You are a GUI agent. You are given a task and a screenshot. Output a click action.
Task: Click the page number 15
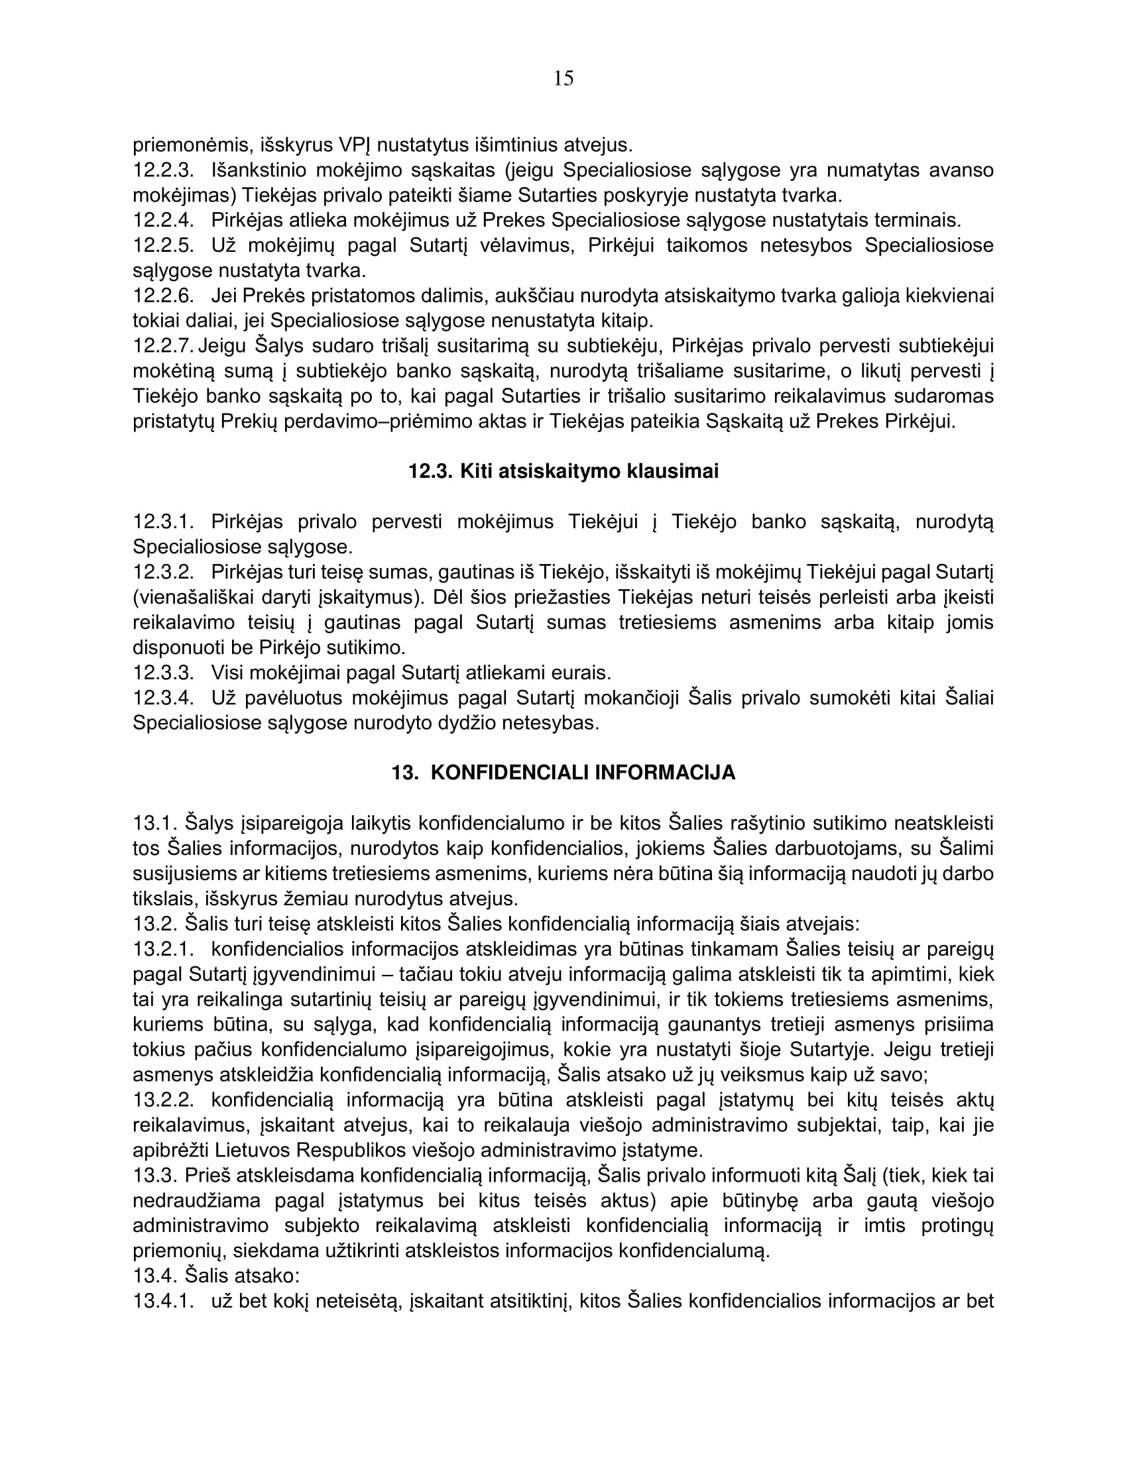(563, 79)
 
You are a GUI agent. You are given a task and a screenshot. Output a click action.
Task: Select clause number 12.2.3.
(163, 170)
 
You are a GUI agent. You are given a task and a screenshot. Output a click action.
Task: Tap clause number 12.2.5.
(163, 246)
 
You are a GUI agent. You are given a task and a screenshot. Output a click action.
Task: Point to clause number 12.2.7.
(163, 346)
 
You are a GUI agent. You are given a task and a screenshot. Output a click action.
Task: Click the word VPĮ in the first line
(357, 145)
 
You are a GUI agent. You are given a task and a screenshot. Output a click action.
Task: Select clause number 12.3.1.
(163, 522)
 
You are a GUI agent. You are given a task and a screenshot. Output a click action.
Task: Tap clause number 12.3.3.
(163, 672)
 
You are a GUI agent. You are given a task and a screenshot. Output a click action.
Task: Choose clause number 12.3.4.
(163, 698)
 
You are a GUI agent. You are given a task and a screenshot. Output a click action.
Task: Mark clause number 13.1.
(154, 823)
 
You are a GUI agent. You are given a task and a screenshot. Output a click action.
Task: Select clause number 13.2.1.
(163, 948)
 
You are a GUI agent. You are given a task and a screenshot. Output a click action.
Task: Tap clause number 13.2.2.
(163, 1099)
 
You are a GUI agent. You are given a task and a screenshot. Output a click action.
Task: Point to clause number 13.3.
(154, 1175)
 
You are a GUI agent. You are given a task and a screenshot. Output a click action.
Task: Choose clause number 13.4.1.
(163, 1300)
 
